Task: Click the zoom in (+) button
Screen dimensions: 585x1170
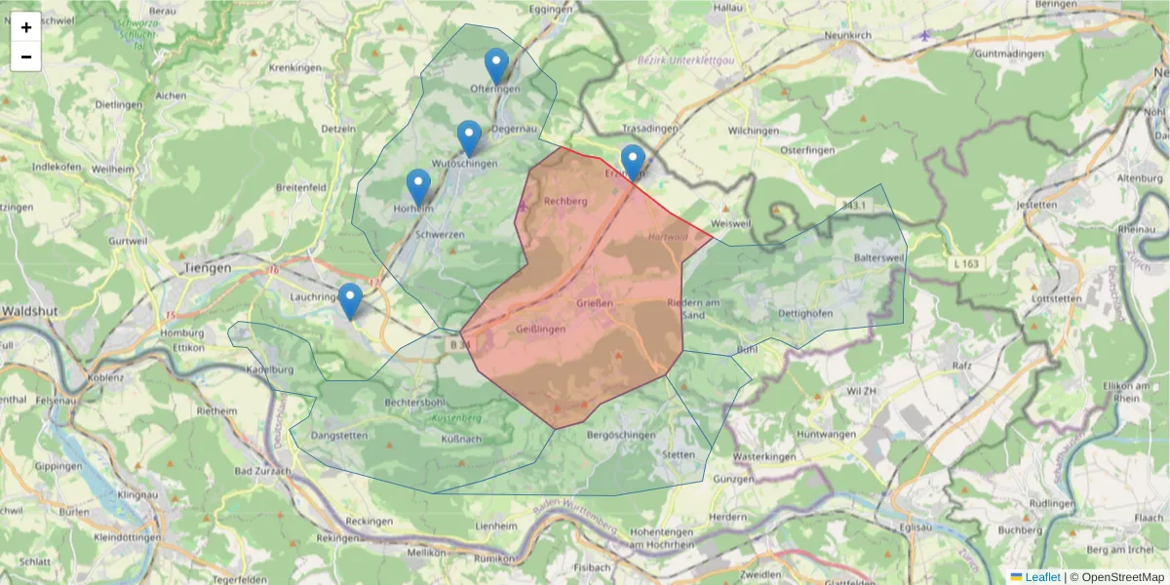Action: click(26, 27)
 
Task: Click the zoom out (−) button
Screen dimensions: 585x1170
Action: click(26, 57)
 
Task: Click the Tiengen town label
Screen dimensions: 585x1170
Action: click(208, 266)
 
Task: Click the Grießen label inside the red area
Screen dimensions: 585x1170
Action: click(594, 304)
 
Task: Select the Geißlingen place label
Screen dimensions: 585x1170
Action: click(540, 329)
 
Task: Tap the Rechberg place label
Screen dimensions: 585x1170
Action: click(565, 201)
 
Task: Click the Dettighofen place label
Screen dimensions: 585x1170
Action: click(805, 313)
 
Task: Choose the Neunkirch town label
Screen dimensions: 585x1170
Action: click(846, 34)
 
